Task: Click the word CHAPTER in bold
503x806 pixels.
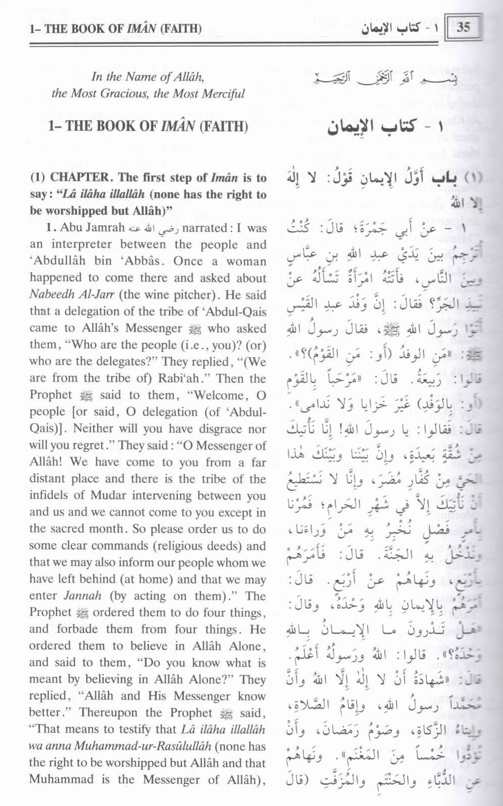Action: [x=79, y=177]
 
